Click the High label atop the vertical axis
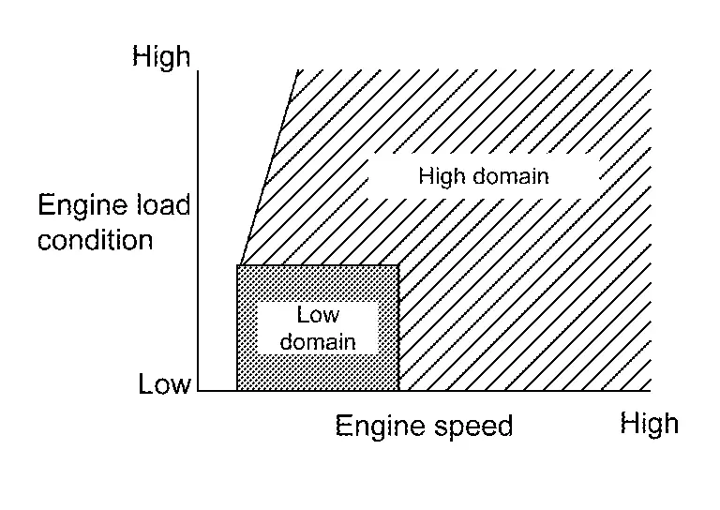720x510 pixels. click(x=161, y=57)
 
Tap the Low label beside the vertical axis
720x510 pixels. click(x=165, y=384)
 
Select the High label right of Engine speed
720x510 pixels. click(x=649, y=424)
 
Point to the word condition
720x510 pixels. click(x=95, y=240)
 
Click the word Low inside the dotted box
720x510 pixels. click(x=317, y=316)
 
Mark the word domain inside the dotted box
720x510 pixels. click(x=319, y=341)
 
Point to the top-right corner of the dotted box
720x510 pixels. click(x=399, y=265)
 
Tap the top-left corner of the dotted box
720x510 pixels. click(x=238, y=265)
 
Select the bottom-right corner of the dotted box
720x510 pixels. click(x=399, y=390)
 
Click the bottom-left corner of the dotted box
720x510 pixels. click(x=238, y=390)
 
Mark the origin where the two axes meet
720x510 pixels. click(x=199, y=390)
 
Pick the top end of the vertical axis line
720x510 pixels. click(x=199, y=70)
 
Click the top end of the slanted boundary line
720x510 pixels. click(x=298, y=69)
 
